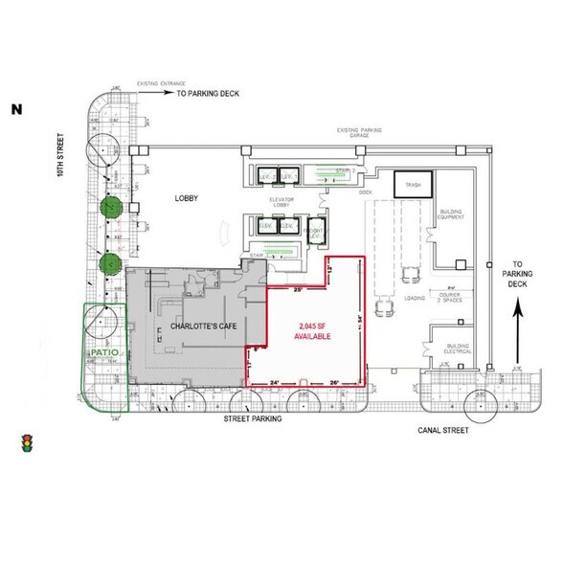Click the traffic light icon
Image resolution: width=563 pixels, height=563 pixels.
(x=27, y=442)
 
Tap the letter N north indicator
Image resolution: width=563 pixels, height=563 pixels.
(x=16, y=109)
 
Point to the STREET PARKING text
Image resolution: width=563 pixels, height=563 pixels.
(x=250, y=419)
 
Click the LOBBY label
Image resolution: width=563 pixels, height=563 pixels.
(x=185, y=198)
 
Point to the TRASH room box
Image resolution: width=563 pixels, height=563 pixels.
(x=414, y=185)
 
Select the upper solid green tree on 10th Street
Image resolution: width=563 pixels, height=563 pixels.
(x=112, y=206)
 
